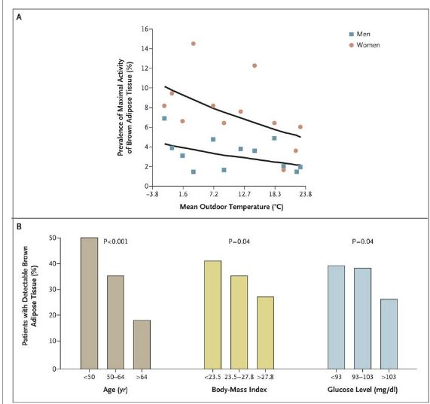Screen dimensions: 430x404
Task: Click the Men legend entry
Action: coord(359,35)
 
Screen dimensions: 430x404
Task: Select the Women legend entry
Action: coord(364,45)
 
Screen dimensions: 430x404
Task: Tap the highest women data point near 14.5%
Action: coord(194,44)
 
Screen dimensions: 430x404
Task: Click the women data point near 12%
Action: coord(255,65)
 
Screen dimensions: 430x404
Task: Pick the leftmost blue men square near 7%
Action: coord(164,118)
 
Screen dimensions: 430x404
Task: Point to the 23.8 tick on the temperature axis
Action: coord(306,194)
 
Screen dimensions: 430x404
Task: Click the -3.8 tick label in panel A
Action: coord(152,194)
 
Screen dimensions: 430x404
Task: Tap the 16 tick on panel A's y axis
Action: coord(145,29)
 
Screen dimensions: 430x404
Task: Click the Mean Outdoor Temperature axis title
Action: coord(231,207)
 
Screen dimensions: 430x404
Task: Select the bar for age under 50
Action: coord(89,303)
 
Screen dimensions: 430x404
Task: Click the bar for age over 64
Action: coord(142,345)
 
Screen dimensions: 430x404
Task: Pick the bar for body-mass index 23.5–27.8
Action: coord(239,323)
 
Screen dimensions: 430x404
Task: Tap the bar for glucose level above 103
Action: coord(389,334)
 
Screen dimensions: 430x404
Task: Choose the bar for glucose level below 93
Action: coord(336,317)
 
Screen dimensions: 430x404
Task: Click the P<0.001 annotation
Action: coord(115,241)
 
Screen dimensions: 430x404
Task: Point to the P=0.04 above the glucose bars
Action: coord(362,241)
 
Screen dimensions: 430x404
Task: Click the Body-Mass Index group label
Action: coord(239,390)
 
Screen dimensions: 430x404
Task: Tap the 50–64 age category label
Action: coord(115,377)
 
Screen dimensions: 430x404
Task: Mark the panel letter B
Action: coord(19,226)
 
